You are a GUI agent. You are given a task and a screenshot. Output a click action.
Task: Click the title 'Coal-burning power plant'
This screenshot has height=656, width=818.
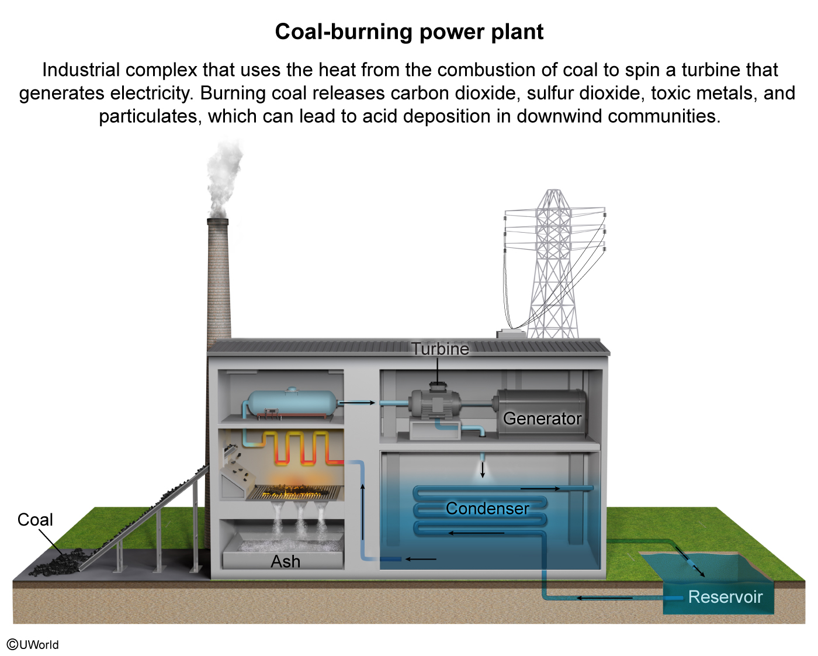[409, 32]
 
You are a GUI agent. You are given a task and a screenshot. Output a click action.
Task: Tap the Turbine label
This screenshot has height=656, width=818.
[440, 349]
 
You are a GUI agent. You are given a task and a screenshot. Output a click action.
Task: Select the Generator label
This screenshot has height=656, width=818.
[542, 419]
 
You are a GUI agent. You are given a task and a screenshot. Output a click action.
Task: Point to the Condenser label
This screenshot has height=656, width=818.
[487, 509]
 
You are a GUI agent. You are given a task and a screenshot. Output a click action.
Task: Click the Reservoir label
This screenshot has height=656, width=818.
[725, 597]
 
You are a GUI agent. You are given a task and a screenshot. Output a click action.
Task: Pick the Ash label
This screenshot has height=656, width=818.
[285, 561]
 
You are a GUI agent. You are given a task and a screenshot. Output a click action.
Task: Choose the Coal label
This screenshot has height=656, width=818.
[35, 520]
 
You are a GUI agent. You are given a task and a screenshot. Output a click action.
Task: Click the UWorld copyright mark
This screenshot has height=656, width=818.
[33, 644]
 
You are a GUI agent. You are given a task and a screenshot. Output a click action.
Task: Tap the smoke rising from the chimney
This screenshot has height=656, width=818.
[223, 175]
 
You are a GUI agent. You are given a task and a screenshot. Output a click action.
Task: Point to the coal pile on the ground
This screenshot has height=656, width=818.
[58, 563]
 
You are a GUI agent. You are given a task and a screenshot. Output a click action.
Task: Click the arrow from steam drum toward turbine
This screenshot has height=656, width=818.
[356, 403]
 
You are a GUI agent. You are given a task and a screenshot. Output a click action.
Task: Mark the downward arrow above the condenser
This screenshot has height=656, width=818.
[483, 469]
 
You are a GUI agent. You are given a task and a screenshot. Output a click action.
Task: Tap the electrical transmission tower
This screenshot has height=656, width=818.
[553, 263]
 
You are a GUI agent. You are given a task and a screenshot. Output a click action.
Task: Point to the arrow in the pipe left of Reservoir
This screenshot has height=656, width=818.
[605, 598]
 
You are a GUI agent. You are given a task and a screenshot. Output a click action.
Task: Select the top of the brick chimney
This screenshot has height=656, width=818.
[217, 222]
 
